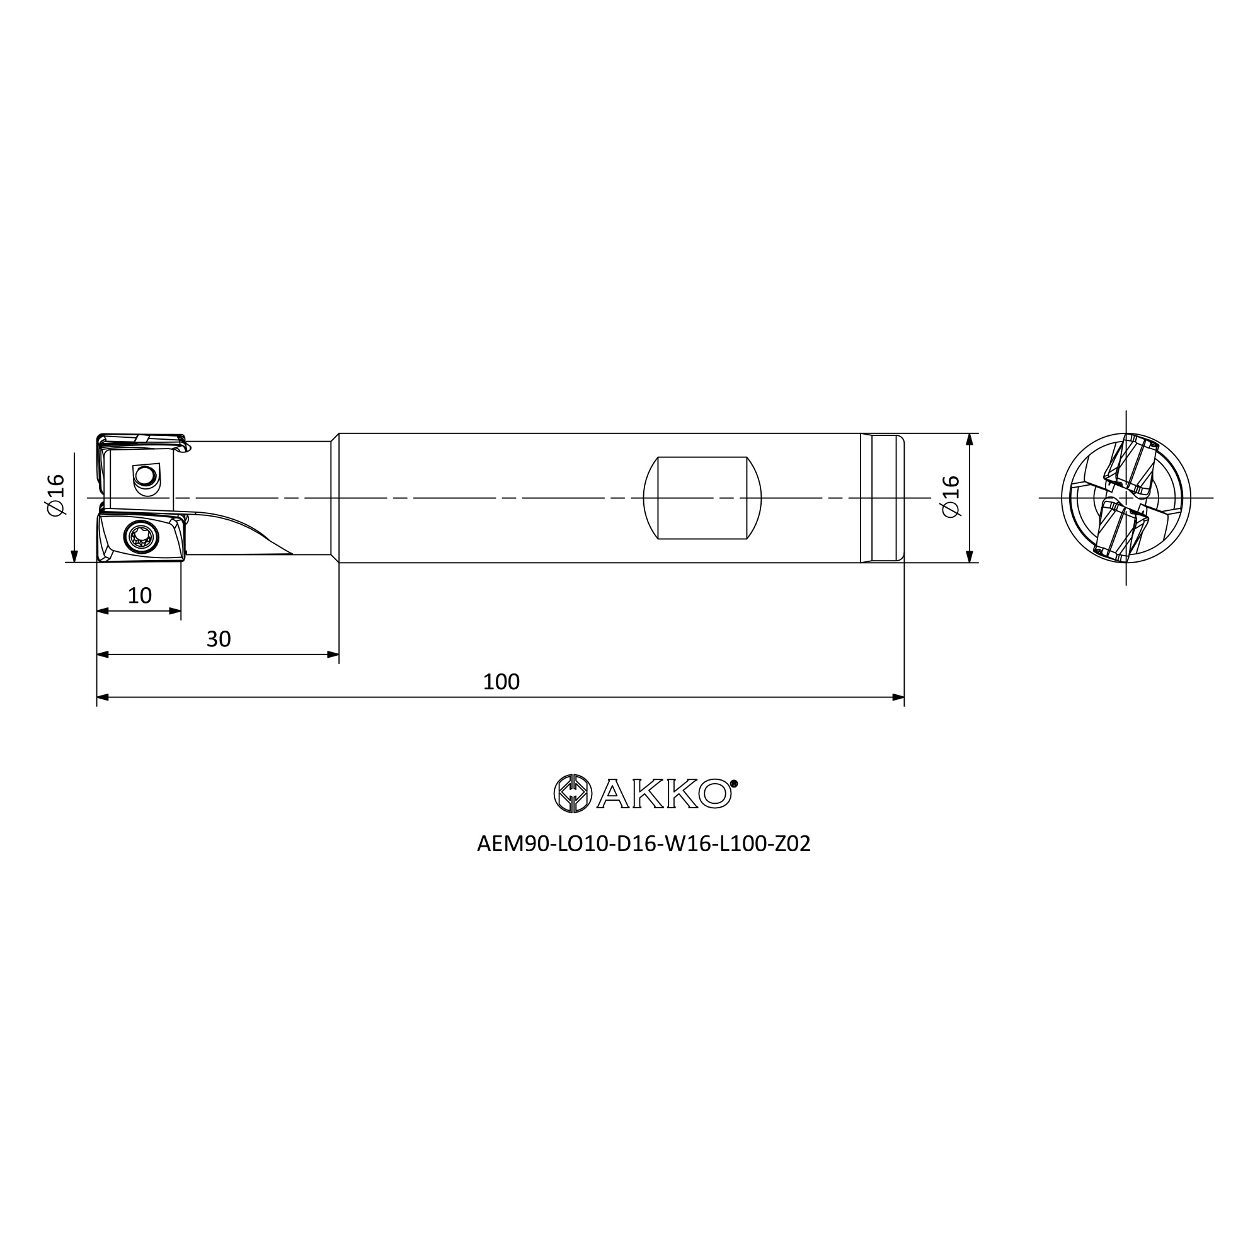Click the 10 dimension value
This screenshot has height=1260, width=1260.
click(140, 595)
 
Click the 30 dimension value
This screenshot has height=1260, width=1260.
click(219, 639)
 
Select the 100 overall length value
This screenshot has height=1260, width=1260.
click(501, 682)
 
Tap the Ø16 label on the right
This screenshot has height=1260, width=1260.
click(951, 496)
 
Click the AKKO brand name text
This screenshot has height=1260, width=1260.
click(663, 794)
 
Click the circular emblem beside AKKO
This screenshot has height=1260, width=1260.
click(572, 794)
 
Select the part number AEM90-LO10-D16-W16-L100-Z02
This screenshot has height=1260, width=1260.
click(644, 844)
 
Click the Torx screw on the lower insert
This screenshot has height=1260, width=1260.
click(141, 537)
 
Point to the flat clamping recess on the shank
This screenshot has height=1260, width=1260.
click(702, 498)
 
